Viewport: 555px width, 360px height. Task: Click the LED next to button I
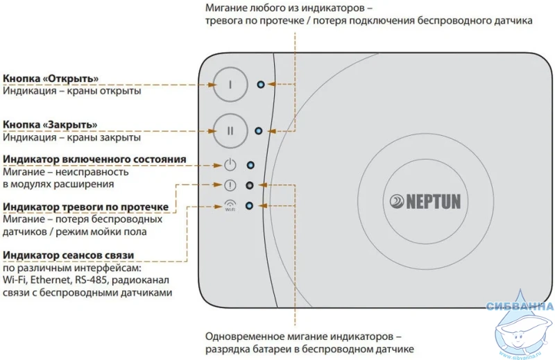click(260, 84)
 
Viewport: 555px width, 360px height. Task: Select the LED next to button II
click(259, 130)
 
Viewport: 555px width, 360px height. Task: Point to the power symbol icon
click(231, 165)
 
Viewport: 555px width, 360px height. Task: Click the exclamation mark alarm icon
click(231, 186)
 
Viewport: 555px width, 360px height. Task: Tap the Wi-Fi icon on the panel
click(231, 205)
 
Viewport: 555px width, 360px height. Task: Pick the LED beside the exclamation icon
click(250, 186)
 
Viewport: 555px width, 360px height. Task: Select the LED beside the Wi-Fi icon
click(250, 206)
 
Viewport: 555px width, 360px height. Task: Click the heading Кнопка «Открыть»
click(51, 78)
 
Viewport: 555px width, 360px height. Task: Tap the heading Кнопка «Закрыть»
click(50, 124)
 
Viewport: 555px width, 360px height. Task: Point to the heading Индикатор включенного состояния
click(94, 159)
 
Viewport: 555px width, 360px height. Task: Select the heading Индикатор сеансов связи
click(69, 255)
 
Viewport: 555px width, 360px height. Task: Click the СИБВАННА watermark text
click(520, 306)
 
